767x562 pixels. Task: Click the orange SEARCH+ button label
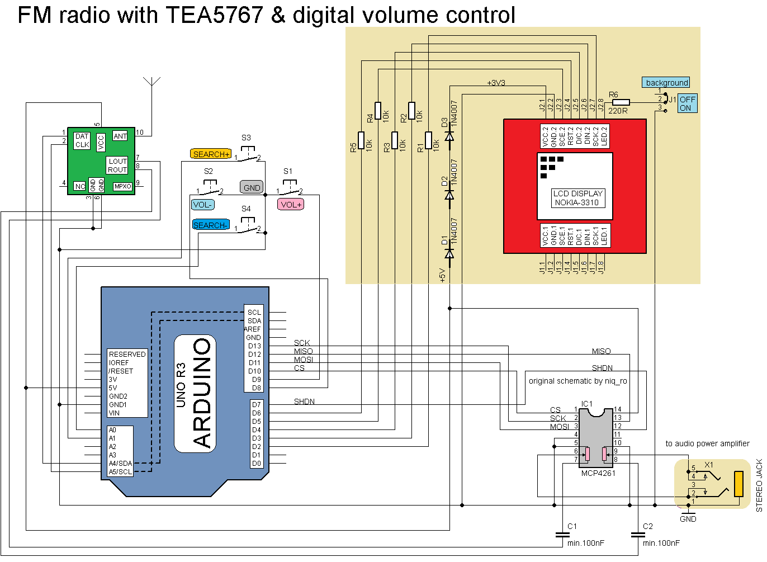[x=211, y=154]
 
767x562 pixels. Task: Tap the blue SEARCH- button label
[x=210, y=225]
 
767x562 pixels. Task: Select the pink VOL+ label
[x=291, y=205]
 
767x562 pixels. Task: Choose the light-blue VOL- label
[x=202, y=205]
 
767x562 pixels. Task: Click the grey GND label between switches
[x=252, y=187]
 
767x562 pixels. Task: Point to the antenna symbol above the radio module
[x=151, y=84]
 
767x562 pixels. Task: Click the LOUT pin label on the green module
[x=117, y=161]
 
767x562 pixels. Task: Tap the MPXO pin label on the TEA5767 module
[x=122, y=186]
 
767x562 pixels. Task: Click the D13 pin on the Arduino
[x=254, y=346]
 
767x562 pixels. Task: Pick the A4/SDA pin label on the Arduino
[x=120, y=463]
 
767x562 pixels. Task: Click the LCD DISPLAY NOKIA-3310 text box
[x=577, y=198]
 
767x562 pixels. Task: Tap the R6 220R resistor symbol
[x=621, y=102]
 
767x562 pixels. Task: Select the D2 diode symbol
[x=449, y=195]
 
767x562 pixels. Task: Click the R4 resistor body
[x=378, y=110]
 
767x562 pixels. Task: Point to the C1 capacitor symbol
[x=562, y=535]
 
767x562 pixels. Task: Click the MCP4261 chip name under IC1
[x=598, y=473]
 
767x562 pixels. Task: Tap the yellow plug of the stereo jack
[x=738, y=484]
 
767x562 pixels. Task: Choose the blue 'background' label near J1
[x=666, y=83]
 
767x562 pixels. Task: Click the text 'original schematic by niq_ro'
[x=577, y=381]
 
